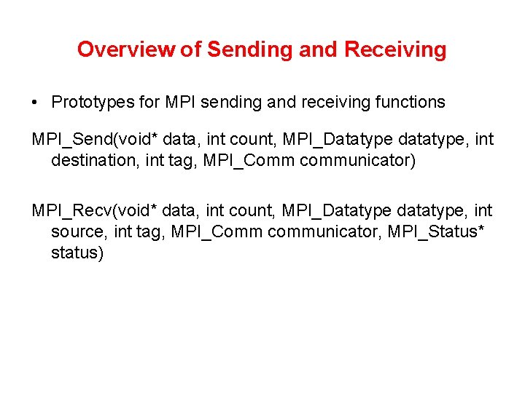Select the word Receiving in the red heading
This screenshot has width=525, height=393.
coord(395,49)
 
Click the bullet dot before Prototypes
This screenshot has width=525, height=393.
coord(35,103)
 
